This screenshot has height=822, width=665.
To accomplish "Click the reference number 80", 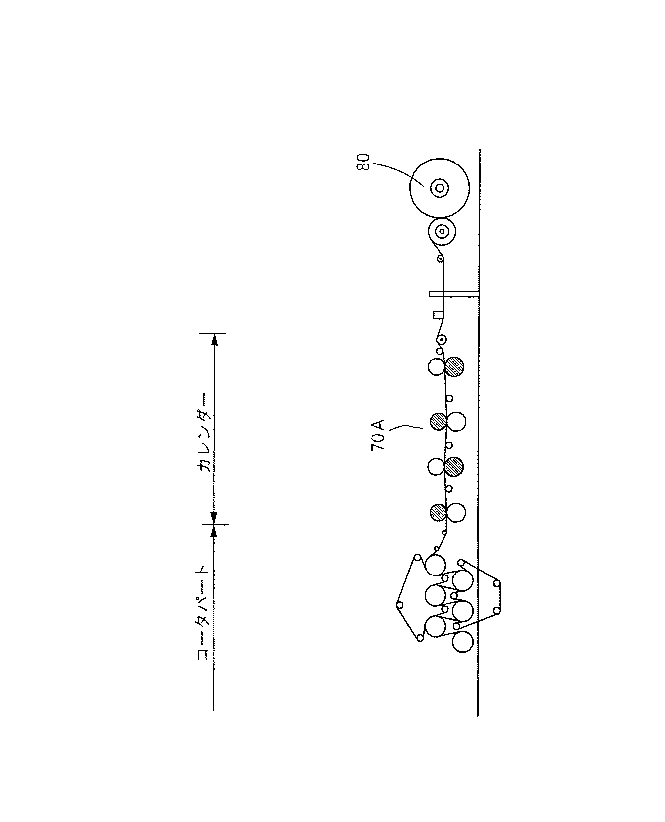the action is click(x=364, y=163).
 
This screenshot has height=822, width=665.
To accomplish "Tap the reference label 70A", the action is click(x=378, y=435).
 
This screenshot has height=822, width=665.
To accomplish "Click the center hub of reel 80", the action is click(x=439, y=188).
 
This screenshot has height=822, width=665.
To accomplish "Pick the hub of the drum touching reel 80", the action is click(x=442, y=232).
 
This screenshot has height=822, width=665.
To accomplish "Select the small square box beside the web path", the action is click(x=438, y=315).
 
